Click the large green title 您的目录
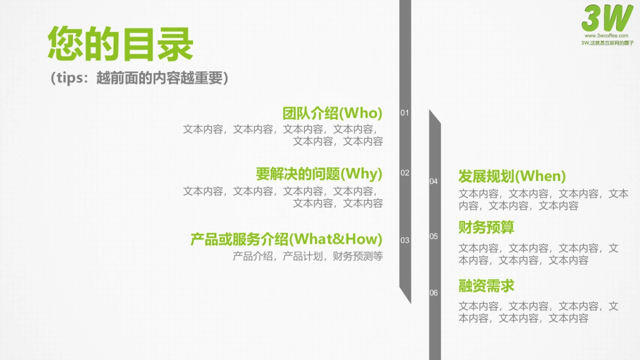120,44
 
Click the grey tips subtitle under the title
139,78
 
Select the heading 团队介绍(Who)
332,113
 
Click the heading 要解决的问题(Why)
319,174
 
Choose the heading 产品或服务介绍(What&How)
286,238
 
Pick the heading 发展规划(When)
512,176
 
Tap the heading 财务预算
486,227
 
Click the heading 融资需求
486,286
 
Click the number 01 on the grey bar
405,113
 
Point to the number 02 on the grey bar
405,173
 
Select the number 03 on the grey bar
405,240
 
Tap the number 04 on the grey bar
434,181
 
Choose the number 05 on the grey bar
434,236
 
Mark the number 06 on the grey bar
434,293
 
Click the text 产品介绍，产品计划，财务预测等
308,256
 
